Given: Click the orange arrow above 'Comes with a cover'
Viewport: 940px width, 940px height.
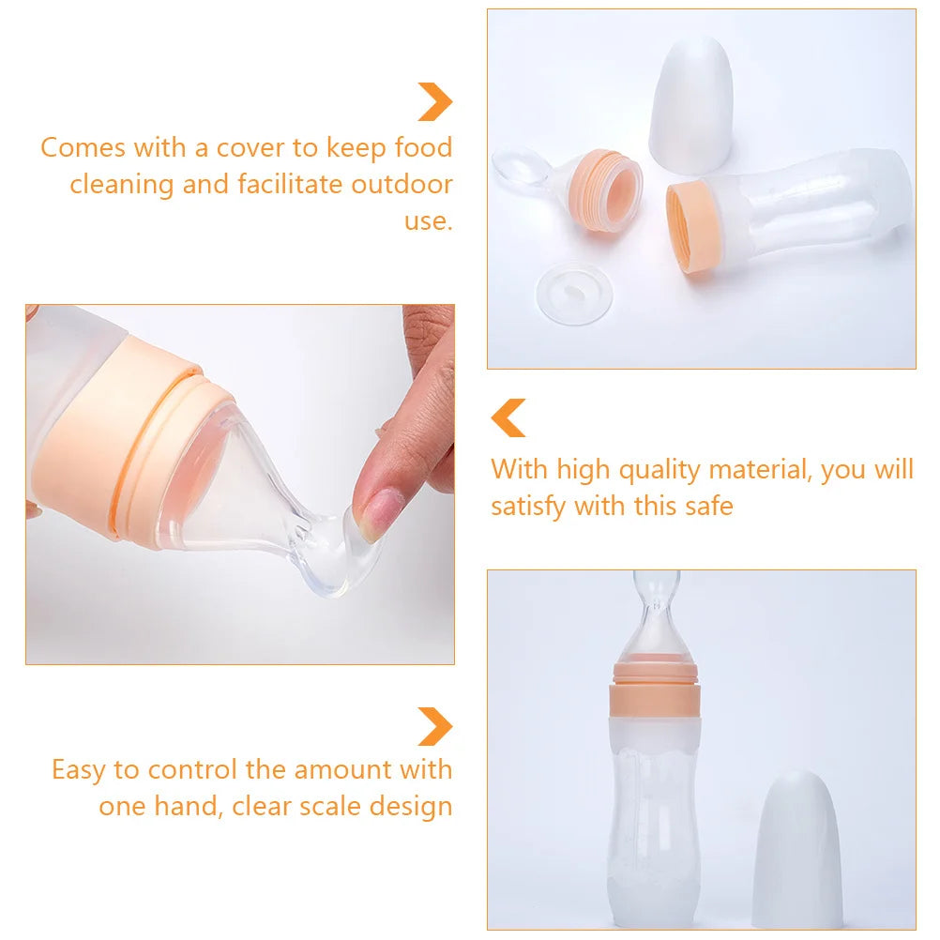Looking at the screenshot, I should pyautogui.click(x=435, y=101).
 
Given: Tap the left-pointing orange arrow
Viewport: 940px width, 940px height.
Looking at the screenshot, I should pyautogui.click(x=508, y=417).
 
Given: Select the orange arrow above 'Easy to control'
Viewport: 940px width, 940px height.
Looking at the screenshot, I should pyautogui.click(x=435, y=726).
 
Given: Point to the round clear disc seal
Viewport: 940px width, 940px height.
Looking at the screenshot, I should pyautogui.click(x=573, y=294).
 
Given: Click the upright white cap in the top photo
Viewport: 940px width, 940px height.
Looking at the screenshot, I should pyautogui.click(x=691, y=103).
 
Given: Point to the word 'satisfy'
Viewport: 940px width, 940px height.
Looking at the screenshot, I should pyautogui.click(x=528, y=507).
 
